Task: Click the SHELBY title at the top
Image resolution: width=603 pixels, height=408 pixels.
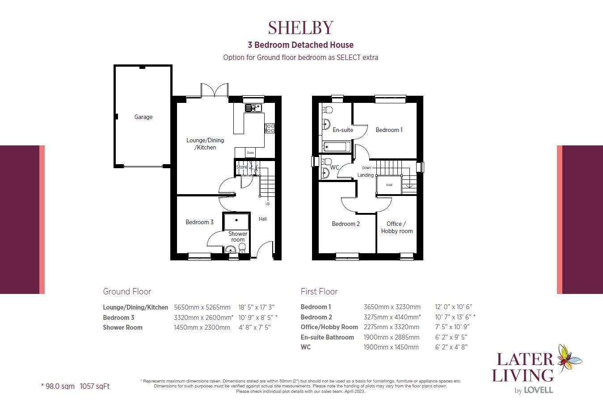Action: tap(301, 27)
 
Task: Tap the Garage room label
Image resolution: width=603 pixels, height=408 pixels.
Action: tap(143, 117)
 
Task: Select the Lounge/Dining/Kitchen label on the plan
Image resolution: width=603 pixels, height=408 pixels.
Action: tap(205, 144)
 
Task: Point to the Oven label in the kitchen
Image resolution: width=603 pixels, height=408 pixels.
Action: tap(250, 153)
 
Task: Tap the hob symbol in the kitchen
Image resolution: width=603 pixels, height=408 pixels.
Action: tap(270, 128)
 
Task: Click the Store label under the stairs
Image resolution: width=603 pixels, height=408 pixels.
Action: tap(241, 167)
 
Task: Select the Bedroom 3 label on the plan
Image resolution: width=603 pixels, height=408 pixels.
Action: tap(199, 222)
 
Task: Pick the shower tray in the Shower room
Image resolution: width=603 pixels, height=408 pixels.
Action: tap(236, 221)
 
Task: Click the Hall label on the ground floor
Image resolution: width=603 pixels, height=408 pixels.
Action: tap(263, 219)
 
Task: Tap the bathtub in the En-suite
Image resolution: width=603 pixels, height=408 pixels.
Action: tap(337, 146)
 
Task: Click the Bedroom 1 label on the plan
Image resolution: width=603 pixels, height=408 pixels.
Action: tap(389, 130)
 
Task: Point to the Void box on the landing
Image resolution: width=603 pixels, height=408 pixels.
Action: tap(389, 184)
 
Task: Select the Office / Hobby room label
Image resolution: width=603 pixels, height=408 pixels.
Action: tap(397, 227)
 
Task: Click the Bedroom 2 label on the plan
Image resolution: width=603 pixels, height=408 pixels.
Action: tap(346, 224)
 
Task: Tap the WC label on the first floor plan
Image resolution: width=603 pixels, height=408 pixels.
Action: tap(334, 167)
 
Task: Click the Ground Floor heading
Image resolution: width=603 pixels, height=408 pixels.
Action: tap(127, 291)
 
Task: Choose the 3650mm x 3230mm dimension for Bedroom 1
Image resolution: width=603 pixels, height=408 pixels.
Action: tap(392, 307)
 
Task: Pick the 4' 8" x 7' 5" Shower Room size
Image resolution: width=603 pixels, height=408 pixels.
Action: tap(255, 327)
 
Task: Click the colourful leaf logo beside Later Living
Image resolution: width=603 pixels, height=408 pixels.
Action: tap(569, 357)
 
